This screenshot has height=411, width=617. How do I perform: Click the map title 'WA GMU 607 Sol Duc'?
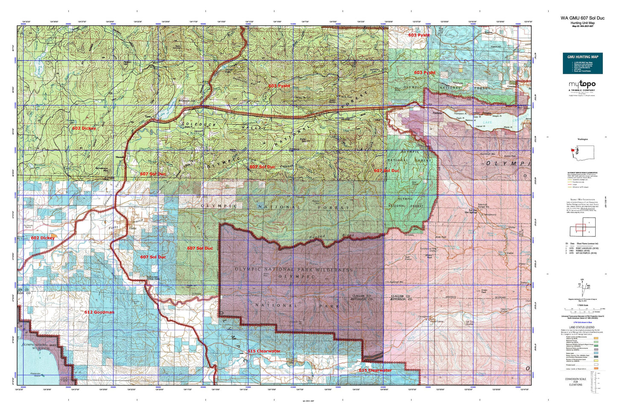tap(582, 18)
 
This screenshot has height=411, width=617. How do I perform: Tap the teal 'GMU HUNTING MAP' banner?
tap(582, 56)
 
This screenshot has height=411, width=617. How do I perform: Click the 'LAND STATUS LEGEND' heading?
tap(582, 327)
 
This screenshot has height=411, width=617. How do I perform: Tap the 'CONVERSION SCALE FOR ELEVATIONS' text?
tap(576, 382)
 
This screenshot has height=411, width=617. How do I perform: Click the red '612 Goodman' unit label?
tap(99, 312)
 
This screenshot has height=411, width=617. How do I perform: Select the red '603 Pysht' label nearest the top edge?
tap(418, 35)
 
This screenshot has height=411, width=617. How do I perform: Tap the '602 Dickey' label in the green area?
tap(84, 128)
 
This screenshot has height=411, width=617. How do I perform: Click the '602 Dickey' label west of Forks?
tap(43, 238)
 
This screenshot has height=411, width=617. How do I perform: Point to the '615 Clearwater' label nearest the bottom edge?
tap(375, 370)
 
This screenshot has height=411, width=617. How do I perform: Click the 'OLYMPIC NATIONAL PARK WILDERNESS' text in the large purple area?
tap(294, 270)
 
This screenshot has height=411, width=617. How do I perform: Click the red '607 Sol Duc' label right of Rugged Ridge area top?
tap(387, 171)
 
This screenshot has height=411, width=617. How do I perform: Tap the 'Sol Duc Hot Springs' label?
tap(473, 211)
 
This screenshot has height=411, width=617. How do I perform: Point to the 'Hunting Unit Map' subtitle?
tap(582, 23)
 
